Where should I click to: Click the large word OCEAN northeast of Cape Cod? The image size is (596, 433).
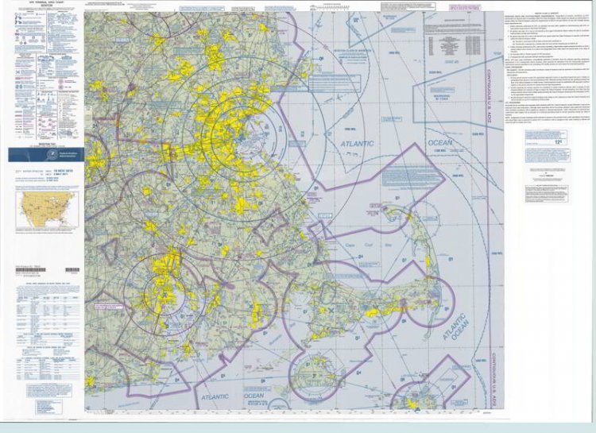pos(439,143)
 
